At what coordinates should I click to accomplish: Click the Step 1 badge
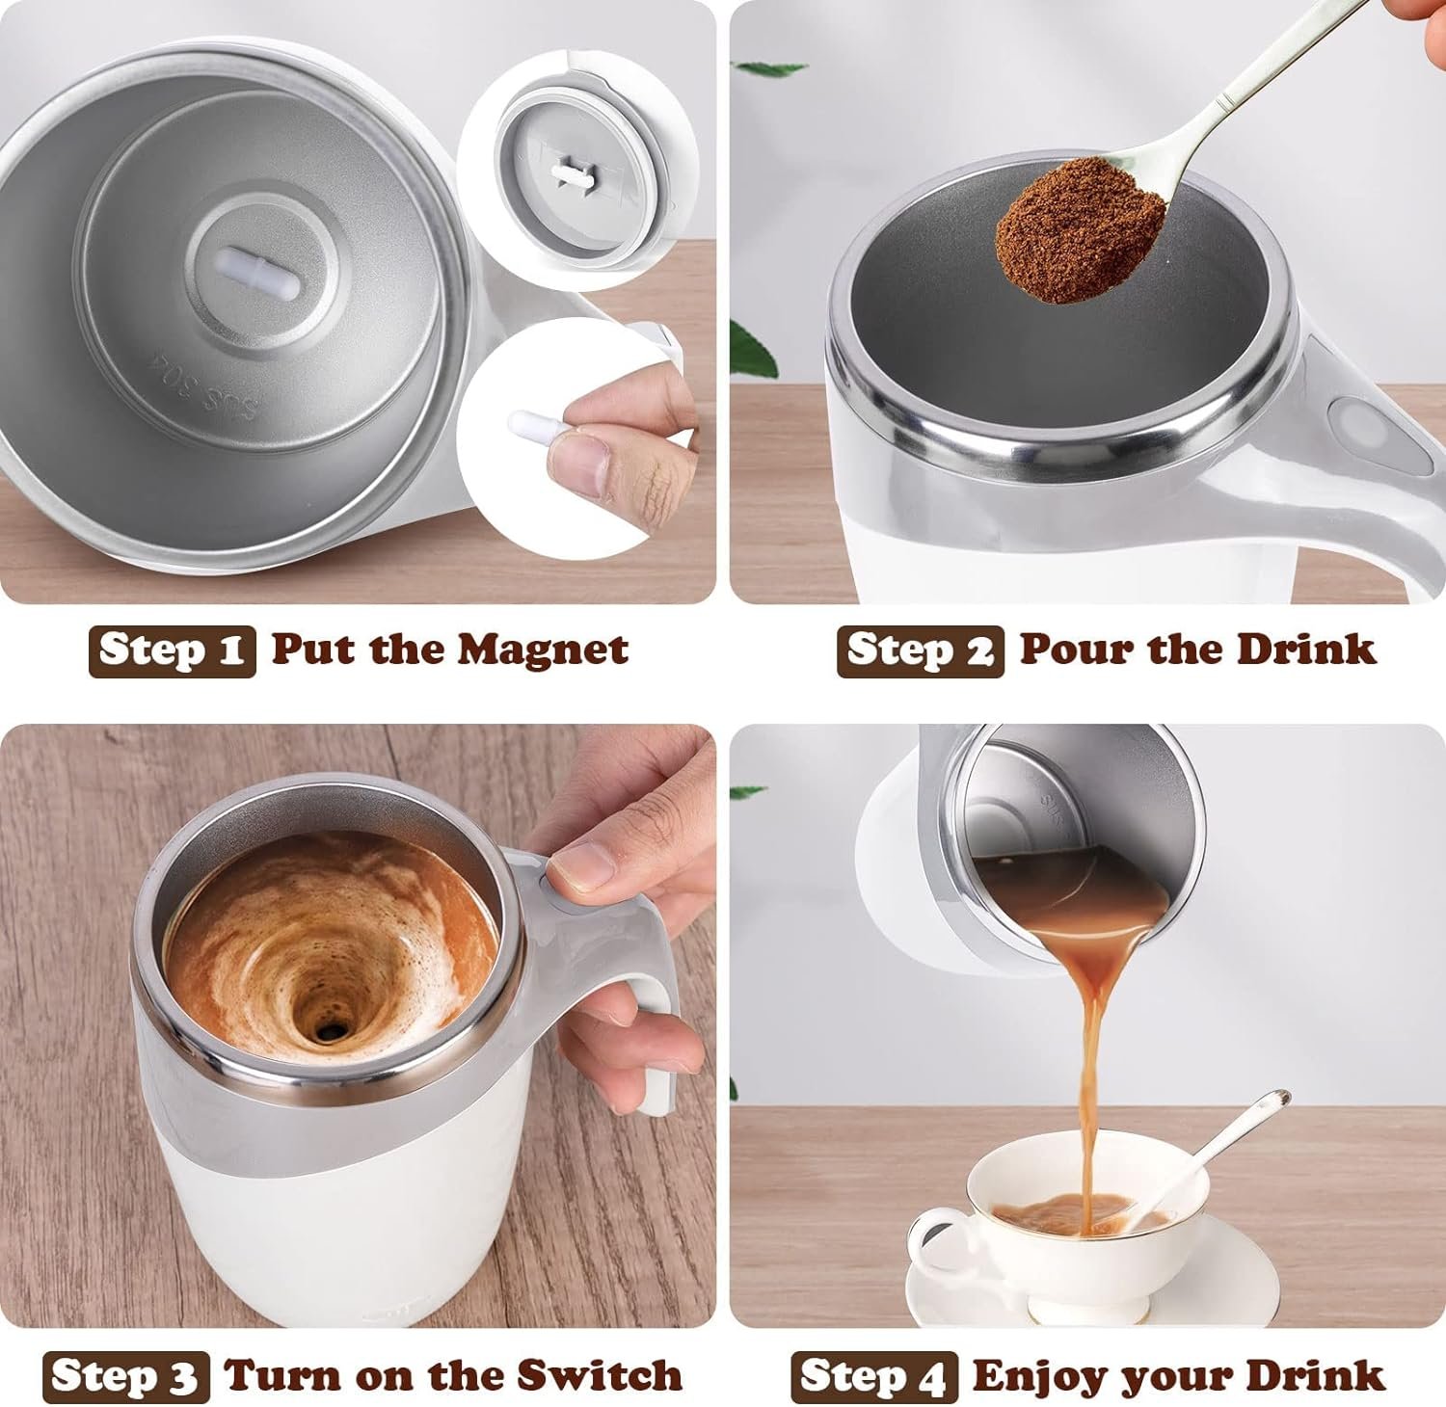tap(172, 651)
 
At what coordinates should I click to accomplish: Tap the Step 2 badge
tap(920, 651)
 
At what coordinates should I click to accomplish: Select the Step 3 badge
tap(125, 1377)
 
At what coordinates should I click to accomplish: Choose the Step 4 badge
tap(874, 1377)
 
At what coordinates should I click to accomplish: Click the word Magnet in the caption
tap(542, 650)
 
